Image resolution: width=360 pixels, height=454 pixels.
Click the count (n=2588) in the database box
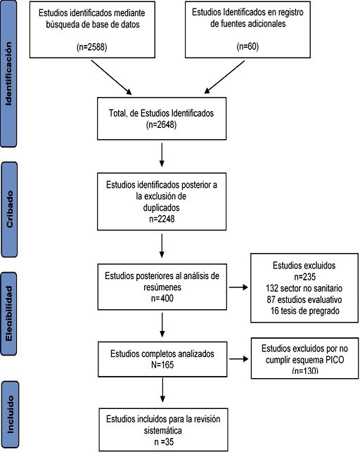(x=92, y=47)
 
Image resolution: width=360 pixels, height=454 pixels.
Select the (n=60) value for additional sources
(x=247, y=46)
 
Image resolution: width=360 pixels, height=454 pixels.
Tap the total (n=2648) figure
(x=162, y=124)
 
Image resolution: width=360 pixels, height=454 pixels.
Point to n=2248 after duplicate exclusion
(x=162, y=219)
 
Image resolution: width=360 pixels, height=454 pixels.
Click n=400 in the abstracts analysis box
(x=162, y=298)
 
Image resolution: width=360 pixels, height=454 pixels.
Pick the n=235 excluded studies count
(x=304, y=277)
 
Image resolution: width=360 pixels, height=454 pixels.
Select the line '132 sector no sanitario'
(x=304, y=288)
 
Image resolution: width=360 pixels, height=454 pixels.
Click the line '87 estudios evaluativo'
(x=304, y=299)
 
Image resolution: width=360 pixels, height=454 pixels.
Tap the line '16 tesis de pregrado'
(x=304, y=311)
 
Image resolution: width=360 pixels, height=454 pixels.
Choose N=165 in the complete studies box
(x=162, y=365)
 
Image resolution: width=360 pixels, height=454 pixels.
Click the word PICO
(x=335, y=360)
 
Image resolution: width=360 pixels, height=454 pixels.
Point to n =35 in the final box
(x=164, y=442)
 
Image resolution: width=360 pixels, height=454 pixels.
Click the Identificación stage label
(x=8, y=74)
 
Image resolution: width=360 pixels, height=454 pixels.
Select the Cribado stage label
(x=10, y=209)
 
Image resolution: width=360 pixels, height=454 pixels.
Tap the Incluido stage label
(x=10, y=415)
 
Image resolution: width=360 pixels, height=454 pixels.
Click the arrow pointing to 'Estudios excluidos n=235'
(x=238, y=287)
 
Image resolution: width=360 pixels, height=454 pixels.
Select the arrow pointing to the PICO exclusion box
(x=239, y=359)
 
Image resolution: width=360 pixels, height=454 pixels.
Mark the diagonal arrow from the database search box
(x=112, y=77)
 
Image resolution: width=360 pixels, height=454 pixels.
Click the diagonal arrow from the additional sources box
(x=224, y=77)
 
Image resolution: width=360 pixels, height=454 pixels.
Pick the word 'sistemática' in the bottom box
(x=163, y=431)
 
